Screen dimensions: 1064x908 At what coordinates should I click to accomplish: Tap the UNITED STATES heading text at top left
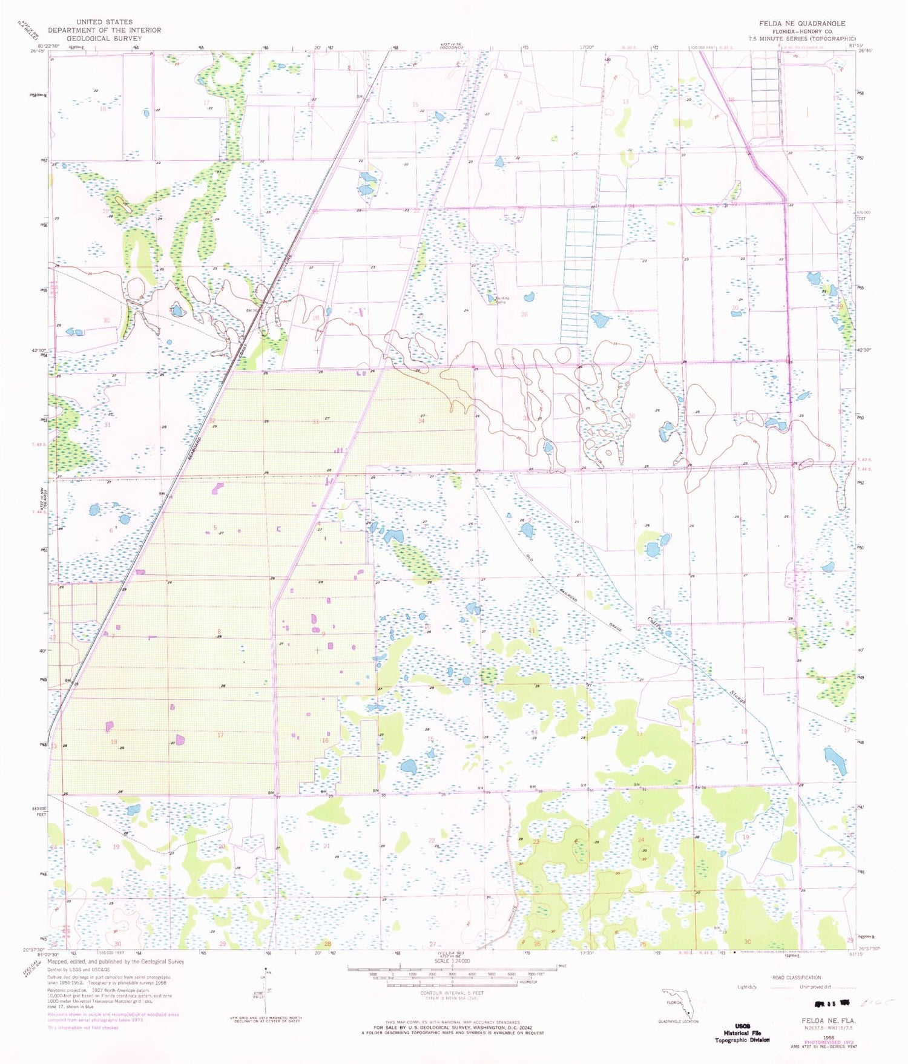(x=104, y=22)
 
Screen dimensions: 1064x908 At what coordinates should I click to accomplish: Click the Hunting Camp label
(x=501, y=300)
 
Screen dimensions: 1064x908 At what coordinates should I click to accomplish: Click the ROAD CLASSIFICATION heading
(x=796, y=977)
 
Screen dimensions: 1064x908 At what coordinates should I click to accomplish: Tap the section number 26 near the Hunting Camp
(x=524, y=314)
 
